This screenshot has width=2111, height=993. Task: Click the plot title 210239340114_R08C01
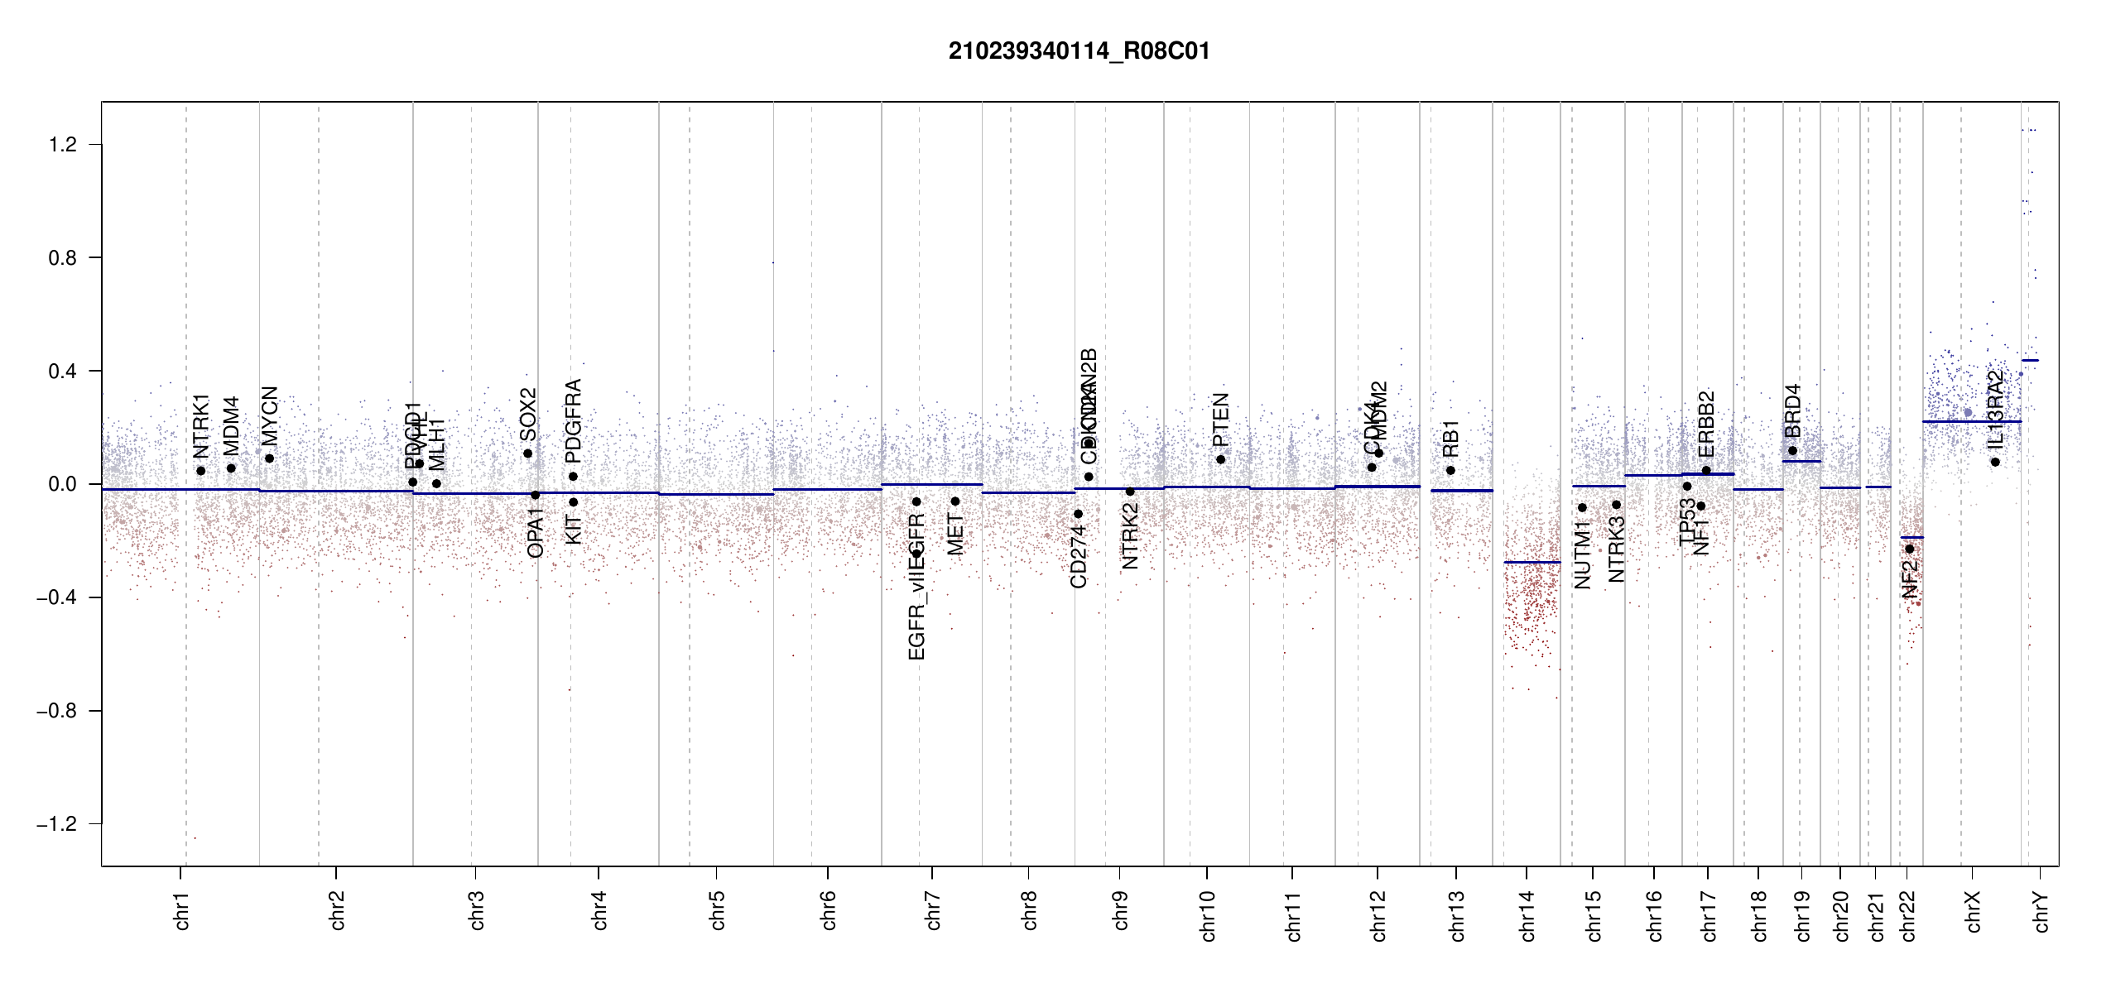[x=1079, y=51]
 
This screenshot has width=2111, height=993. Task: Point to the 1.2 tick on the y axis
[x=63, y=145]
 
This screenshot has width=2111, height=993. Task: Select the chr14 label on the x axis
[x=1527, y=915]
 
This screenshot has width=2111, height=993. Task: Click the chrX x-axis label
[x=1973, y=912]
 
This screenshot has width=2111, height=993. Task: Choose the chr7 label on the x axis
[x=933, y=910]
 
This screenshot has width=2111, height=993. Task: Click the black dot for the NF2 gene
[x=1910, y=549]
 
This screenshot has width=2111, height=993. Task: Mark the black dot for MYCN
[x=269, y=458]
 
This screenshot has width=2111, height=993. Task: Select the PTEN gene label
[x=1220, y=420]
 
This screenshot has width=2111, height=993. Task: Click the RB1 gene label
[x=1450, y=439]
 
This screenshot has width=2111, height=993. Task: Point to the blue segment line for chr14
[x=1532, y=563]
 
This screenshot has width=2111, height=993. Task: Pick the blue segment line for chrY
[x=2030, y=360]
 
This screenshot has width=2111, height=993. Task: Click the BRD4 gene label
[x=1792, y=410]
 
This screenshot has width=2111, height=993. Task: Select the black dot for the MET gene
[x=955, y=501]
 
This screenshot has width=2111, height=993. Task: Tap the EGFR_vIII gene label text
[x=916, y=616]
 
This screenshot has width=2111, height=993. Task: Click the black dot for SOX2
[x=527, y=453]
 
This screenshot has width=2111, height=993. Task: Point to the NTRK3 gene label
[x=1616, y=549]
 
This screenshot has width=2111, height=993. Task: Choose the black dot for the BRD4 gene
[x=1792, y=450]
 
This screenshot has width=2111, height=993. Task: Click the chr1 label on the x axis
[x=182, y=910]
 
